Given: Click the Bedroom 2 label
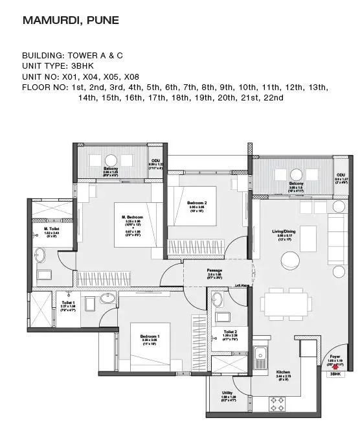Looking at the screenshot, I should [197, 203].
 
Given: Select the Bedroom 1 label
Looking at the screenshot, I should [150, 336].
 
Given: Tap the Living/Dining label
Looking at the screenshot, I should [286, 230].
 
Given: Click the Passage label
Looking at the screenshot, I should [214, 270].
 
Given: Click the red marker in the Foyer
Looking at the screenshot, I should [335, 366].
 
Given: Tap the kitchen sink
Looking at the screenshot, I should [260, 355].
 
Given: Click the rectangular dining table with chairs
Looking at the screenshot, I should [282, 303].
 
